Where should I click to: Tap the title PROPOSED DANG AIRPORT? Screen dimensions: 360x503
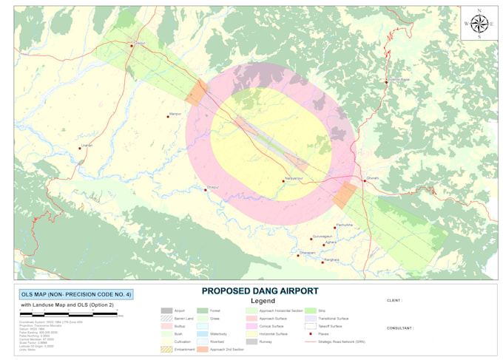tap(260, 291)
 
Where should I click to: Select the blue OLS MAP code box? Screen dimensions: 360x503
tap(76, 294)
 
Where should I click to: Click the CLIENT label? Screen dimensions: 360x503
tap(396, 301)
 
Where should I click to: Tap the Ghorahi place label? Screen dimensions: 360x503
tap(374, 178)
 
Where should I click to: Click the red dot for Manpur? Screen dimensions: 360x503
tap(168, 116)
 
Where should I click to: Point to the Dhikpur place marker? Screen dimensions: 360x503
tap(206, 190)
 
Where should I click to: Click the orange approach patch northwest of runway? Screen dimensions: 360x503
tap(197, 93)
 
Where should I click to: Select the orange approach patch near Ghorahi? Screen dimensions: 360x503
tap(344, 195)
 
